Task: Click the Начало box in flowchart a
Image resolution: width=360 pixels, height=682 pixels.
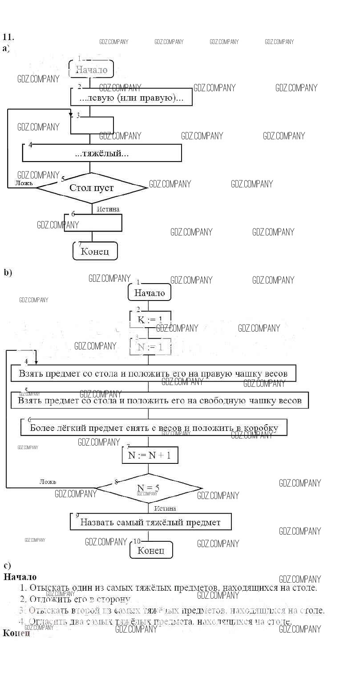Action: tap(91, 69)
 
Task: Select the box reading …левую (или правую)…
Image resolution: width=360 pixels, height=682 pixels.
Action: tap(131, 97)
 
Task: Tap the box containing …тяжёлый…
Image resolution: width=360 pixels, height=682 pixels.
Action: tap(102, 154)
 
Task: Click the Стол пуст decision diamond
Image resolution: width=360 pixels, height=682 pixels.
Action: tap(91, 188)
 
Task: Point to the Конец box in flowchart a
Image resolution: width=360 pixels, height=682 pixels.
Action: tap(95, 251)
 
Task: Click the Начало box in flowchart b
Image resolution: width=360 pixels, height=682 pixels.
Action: tap(150, 293)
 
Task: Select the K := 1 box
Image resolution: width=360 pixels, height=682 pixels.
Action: tap(150, 319)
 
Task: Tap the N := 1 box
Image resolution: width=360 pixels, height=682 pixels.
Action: tap(150, 347)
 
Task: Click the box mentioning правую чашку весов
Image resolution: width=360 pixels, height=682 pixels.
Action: tap(153, 373)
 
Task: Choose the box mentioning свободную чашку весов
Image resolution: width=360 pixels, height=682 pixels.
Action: tap(159, 401)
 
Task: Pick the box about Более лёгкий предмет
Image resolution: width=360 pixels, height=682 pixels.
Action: tap(154, 428)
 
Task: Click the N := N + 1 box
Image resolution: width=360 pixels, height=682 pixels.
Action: tap(150, 455)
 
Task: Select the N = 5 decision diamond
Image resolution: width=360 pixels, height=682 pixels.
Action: tap(149, 488)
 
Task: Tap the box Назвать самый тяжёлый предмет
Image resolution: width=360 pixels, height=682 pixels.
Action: tap(150, 522)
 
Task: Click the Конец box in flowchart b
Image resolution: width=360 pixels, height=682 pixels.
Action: tap(151, 550)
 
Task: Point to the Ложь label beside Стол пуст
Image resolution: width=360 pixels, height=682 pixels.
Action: tap(24, 183)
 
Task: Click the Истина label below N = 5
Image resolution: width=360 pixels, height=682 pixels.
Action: tap(165, 508)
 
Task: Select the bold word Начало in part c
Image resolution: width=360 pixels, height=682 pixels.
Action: tap(20, 577)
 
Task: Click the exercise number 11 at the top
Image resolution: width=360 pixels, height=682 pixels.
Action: tap(8, 37)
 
